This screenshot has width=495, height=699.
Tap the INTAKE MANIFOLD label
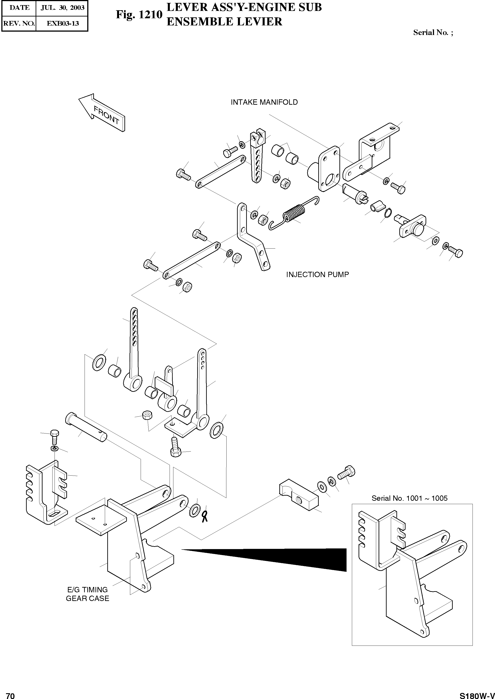(x=264, y=102)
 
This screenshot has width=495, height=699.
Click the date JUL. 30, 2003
(x=63, y=8)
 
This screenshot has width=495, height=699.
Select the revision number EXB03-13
(x=63, y=23)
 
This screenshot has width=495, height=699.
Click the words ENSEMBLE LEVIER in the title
(x=224, y=22)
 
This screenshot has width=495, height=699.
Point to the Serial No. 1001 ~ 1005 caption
(x=409, y=498)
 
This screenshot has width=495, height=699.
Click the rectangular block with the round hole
(x=298, y=497)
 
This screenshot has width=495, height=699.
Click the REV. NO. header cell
(x=19, y=23)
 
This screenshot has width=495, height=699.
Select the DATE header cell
(x=19, y=8)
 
